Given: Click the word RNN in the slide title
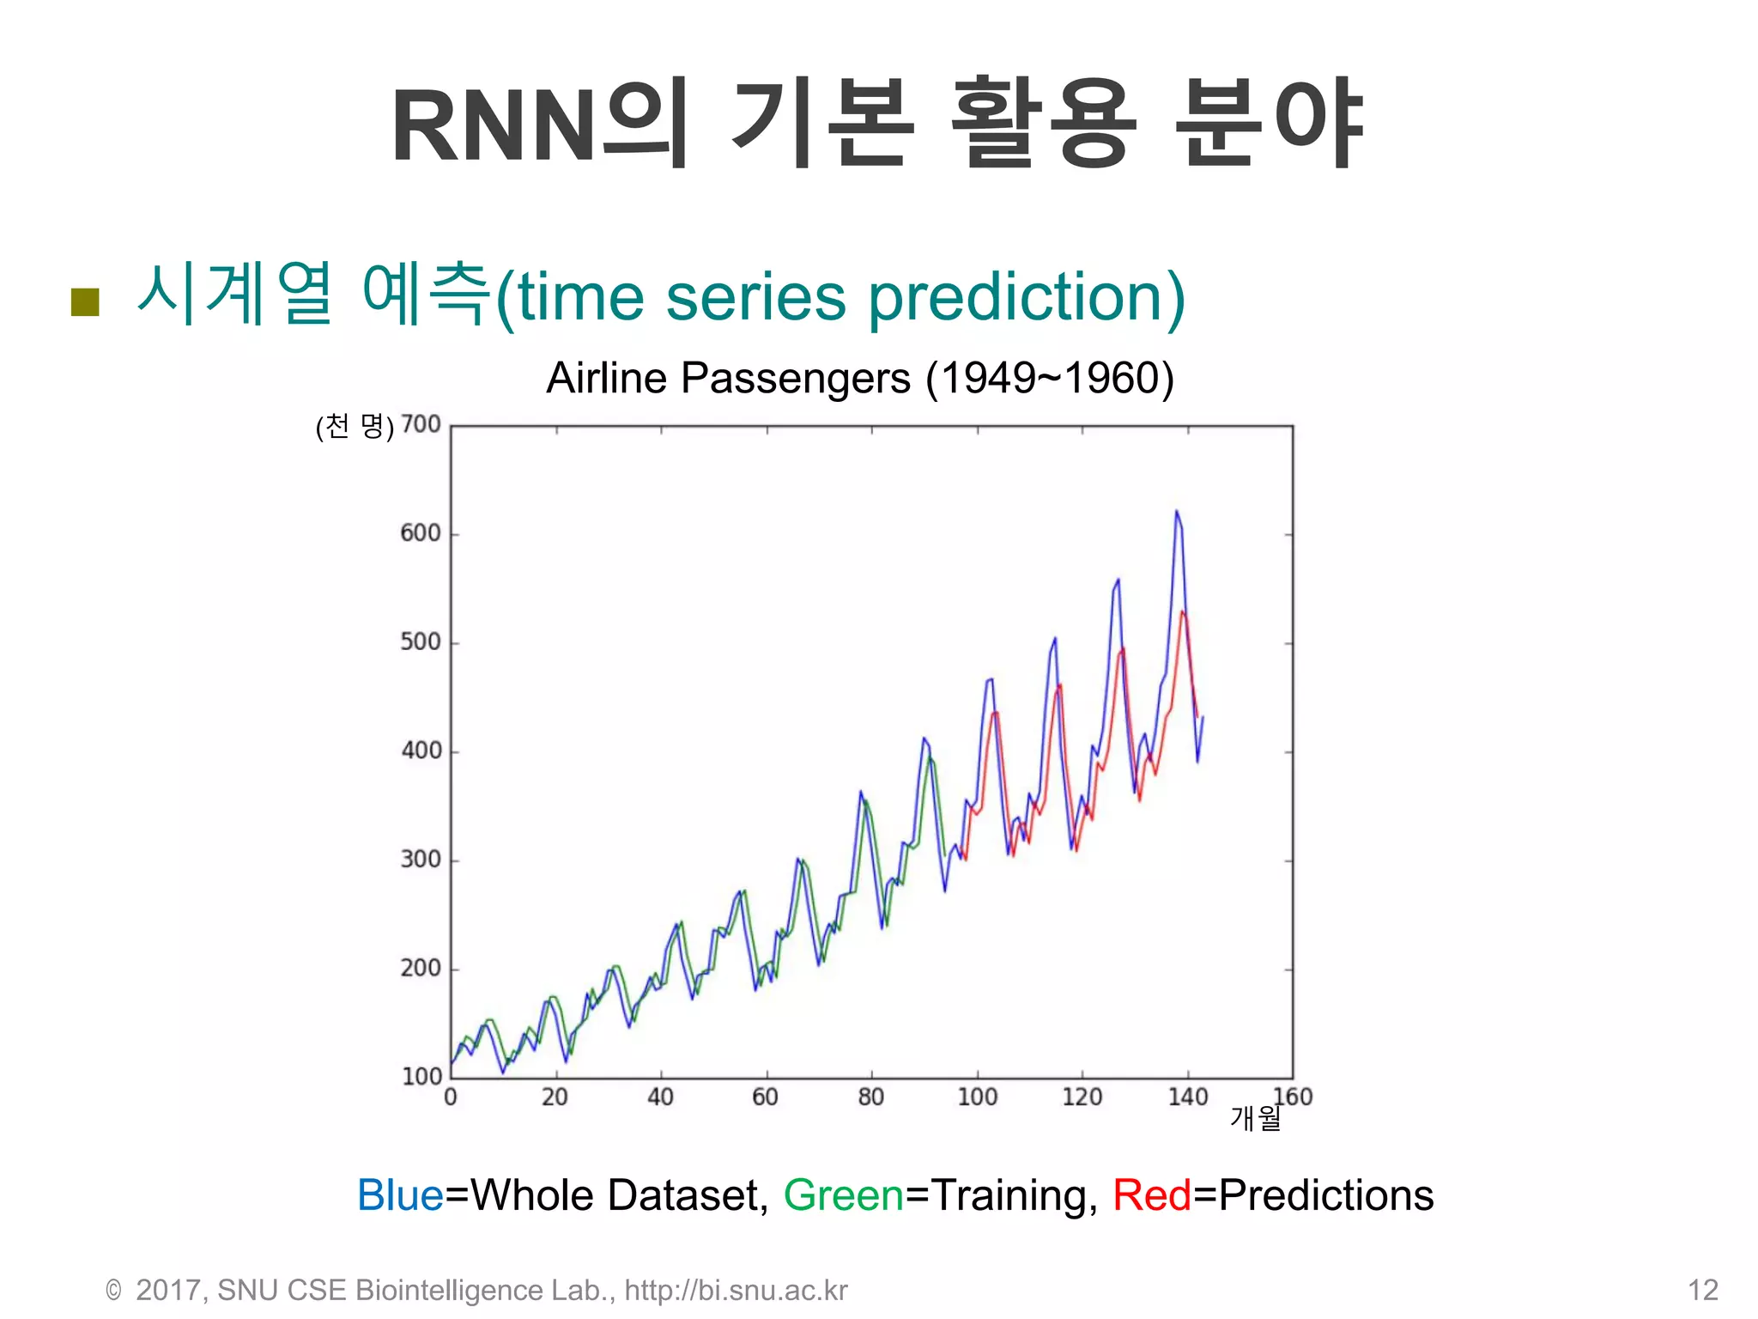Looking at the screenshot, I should tap(494, 126).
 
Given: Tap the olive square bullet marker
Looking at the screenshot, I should tap(85, 301).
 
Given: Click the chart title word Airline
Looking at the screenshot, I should tap(606, 378).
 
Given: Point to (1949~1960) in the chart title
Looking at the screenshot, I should tap(1050, 378).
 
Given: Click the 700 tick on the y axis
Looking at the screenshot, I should tap(421, 424).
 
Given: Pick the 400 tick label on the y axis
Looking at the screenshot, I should tap(421, 751).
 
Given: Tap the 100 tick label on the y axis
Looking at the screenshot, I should tap(421, 1076).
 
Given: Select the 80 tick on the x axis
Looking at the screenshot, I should tap(870, 1097).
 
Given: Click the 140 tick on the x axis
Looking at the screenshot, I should tap(1187, 1097).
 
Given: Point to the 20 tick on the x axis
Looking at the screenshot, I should tap(555, 1097).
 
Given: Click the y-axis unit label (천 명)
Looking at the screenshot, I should tap(355, 427).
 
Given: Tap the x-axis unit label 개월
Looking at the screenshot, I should tap(1255, 1118).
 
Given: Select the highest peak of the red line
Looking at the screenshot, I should tap(1183, 612).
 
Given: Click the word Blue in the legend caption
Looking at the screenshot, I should tap(400, 1195).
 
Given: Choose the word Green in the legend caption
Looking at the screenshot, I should tap(843, 1195).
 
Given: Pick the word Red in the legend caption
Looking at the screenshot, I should tap(1152, 1195).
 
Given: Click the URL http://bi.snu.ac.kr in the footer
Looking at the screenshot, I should tap(736, 1290).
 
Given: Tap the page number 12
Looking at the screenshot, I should tap(1702, 1290).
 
